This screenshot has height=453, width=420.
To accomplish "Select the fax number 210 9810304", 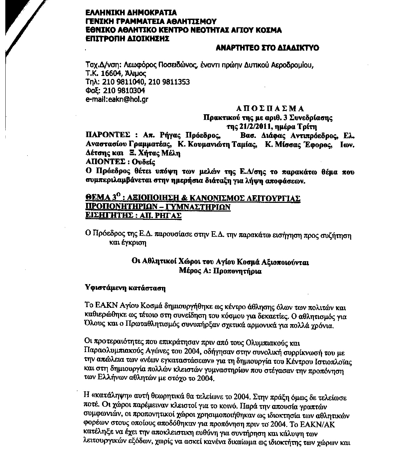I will point(124,91).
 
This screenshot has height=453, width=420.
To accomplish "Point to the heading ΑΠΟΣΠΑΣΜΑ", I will point(270,108).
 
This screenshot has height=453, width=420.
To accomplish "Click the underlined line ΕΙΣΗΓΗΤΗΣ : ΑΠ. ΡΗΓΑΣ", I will point(133,216).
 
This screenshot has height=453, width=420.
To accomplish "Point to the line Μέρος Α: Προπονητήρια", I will point(220,271).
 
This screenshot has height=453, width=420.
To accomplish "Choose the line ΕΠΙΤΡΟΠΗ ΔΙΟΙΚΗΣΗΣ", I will point(127,39).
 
